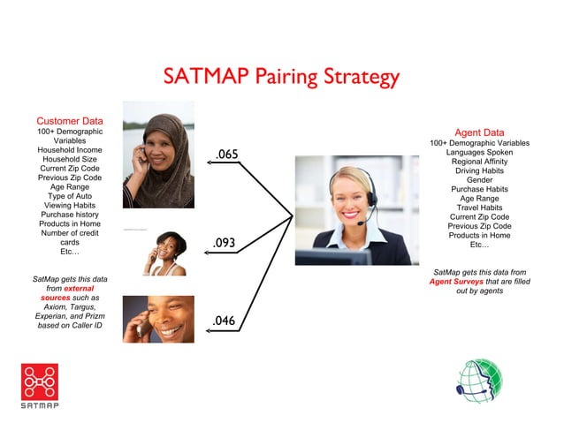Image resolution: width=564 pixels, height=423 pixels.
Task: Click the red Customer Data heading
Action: pyautogui.click(x=69, y=120)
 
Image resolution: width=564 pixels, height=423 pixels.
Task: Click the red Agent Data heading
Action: pyautogui.click(x=479, y=132)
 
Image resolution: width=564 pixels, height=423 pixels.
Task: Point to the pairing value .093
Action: pyautogui.click(x=225, y=242)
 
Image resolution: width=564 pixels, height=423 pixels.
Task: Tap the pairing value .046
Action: pyautogui.click(x=224, y=320)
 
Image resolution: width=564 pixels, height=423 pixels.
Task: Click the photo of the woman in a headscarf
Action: pyautogui.click(x=158, y=155)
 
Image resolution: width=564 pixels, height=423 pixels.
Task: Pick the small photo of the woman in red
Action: pyautogui.click(x=164, y=253)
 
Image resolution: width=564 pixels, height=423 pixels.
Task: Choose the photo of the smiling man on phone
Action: pyautogui.click(x=158, y=319)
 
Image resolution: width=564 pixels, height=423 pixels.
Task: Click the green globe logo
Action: pyautogui.click(x=478, y=381)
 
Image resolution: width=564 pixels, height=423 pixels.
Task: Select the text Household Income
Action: pyautogui.click(x=69, y=150)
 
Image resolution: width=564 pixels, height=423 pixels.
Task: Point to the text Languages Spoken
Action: pyautogui.click(x=479, y=153)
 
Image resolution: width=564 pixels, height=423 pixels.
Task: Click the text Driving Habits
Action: pyautogui.click(x=479, y=170)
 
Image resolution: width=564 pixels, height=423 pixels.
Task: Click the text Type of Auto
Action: pyautogui.click(x=69, y=195)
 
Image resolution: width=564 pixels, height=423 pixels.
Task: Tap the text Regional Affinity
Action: pyautogui.click(x=479, y=162)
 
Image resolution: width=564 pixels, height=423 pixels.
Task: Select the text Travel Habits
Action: pyautogui.click(x=479, y=208)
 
